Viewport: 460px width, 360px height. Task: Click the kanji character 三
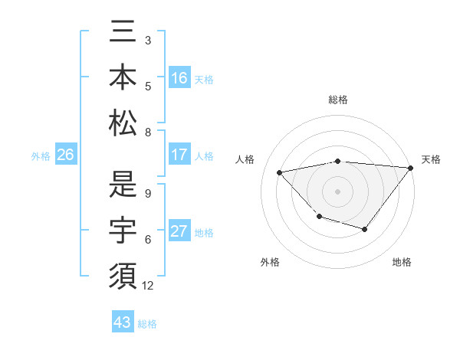tap(123, 34)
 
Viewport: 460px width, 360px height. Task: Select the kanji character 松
tap(123, 122)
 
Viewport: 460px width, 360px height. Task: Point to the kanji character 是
tap(123, 185)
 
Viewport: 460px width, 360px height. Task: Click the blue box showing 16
tap(179, 77)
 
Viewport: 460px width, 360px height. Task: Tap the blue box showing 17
tap(179, 155)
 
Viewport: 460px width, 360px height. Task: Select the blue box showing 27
tap(179, 231)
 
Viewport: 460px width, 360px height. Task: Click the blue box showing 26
tap(66, 155)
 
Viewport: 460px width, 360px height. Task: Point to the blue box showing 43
tap(123, 322)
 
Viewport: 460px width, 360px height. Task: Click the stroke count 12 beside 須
tap(149, 286)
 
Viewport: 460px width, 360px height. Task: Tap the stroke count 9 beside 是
tap(148, 194)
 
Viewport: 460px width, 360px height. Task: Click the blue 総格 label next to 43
tap(147, 324)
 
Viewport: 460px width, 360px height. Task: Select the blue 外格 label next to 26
tap(41, 156)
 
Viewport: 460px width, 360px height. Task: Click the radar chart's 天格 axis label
tap(431, 159)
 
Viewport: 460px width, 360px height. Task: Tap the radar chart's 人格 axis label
tap(246, 159)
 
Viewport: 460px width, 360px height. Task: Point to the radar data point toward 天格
tap(410, 168)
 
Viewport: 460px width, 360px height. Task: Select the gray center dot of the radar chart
tap(337, 191)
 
